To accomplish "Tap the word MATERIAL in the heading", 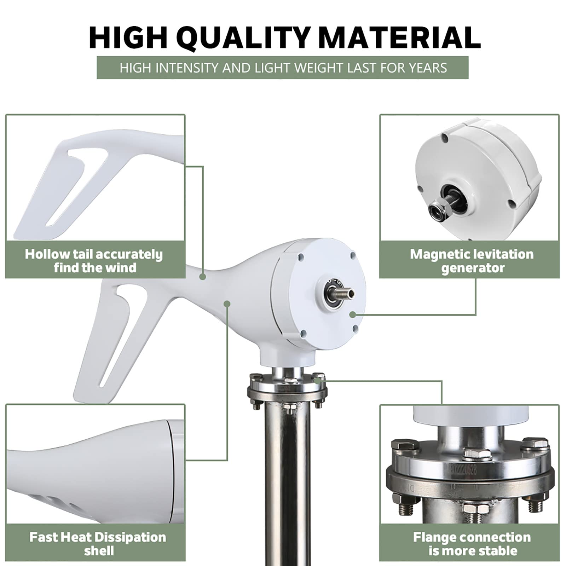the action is tap(400, 37).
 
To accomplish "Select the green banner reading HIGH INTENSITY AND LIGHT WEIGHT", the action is tap(283, 68).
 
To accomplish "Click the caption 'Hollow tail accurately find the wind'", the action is tap(94, 261).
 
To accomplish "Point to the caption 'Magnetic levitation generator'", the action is tap(472, 261).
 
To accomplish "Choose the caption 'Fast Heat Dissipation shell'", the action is tap(98, 544).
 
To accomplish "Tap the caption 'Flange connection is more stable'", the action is tap(472, 544).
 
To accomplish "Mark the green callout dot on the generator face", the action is tap(352, 314).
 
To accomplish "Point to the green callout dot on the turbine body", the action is tap(227, 304).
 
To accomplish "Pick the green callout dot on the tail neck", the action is tap(202, 277).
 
